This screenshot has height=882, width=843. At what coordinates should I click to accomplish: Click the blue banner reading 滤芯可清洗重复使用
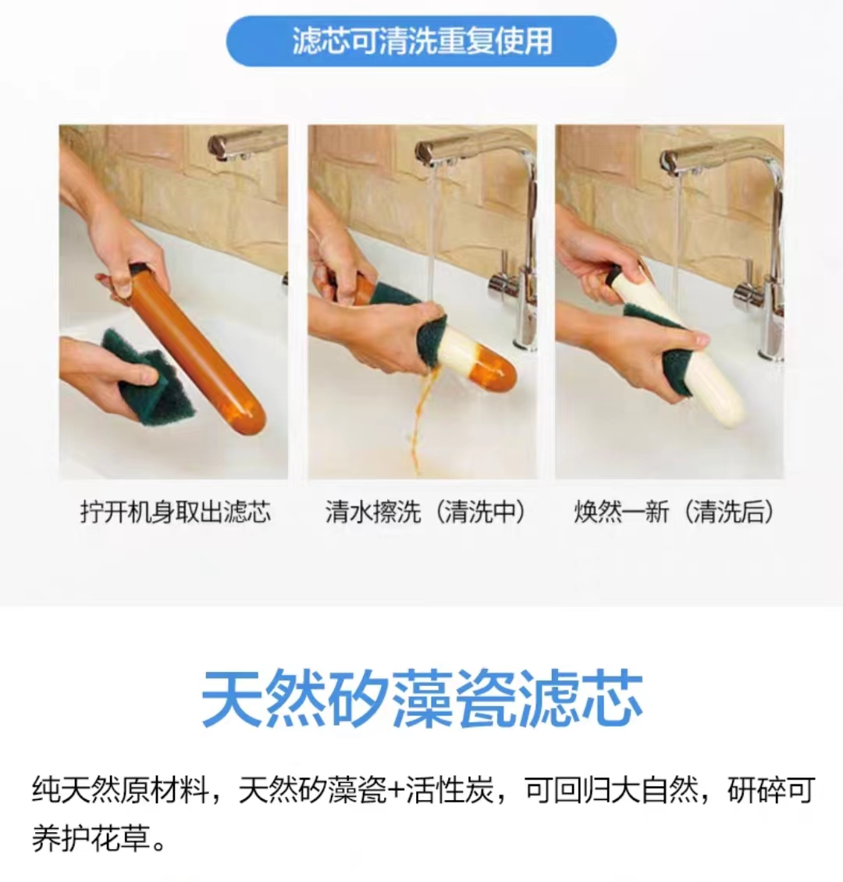pyautogui.click(x=421, y=41)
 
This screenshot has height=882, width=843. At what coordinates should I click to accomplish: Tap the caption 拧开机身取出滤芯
pyautogui.click(x=176, y=512)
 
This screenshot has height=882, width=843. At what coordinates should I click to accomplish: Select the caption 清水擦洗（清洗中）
pyautogui.click(x=425, y=512)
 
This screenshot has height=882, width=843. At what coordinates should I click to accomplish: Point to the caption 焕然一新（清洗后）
pyautogui.click(x=674, y=512)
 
